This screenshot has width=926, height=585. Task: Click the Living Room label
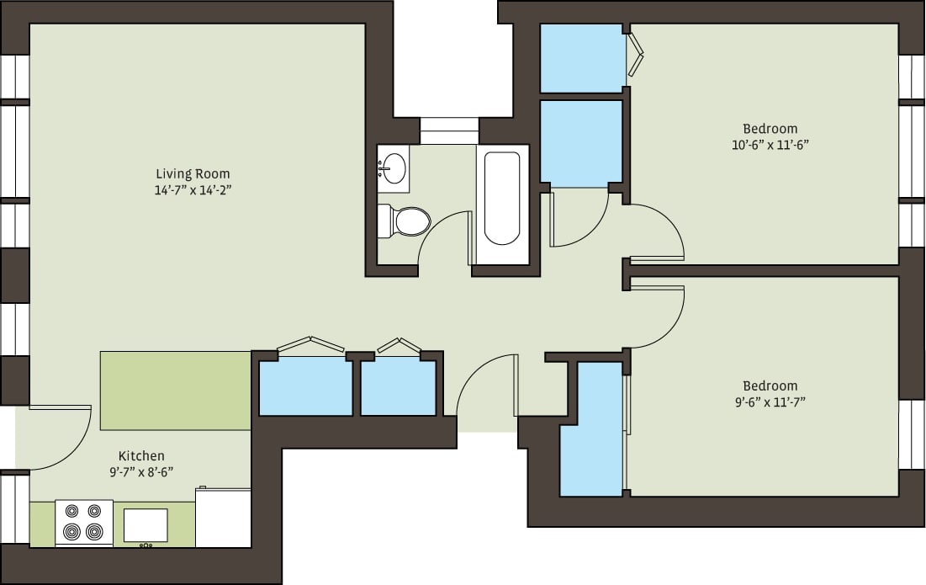click(193, 174)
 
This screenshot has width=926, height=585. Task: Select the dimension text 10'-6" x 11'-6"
click(770, 144)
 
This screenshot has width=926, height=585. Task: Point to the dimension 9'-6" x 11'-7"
click(770, 402)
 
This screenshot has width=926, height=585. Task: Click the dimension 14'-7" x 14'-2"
click(193, 190)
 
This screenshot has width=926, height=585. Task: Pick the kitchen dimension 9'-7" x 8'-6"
click(141, 472)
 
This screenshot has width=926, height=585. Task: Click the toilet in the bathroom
click(405, 221)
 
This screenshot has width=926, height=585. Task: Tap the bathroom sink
click(393, 168)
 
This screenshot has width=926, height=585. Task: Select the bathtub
click(502, 199)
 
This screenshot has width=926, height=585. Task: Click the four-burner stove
click(84, 522)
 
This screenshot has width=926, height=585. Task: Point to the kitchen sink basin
click(145, 524)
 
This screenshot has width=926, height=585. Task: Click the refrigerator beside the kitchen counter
click(223, 518)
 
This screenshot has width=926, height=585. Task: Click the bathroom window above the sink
click(449, 130)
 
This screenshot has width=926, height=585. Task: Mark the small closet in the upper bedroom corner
click(581, 58)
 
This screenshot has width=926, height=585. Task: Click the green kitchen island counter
click(175, 391)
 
